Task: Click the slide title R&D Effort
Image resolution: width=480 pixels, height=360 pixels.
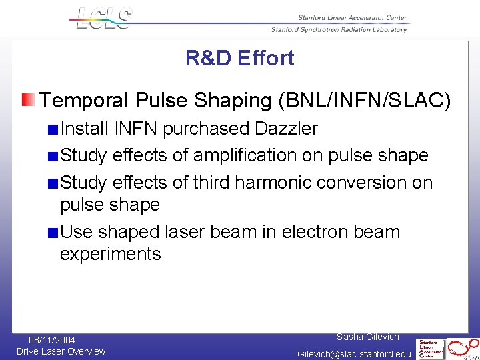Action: click(x=239, y=59)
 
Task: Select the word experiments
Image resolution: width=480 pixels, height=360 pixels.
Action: click(x=111, y=254)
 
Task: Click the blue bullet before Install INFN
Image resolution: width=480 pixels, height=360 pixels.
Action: click(x=53, y=129)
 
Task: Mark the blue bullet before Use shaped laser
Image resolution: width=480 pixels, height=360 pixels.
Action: click(x=53, y=233)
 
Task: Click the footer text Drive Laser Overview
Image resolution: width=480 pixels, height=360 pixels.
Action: click(x=61, y=351)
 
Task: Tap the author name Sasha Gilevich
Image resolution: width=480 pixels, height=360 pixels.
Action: click(x=368, y=337)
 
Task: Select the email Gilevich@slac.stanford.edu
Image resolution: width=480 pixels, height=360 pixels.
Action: click(x=354, y=353)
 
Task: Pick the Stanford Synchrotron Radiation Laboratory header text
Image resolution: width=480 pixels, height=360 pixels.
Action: click(x=339, y=29)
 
